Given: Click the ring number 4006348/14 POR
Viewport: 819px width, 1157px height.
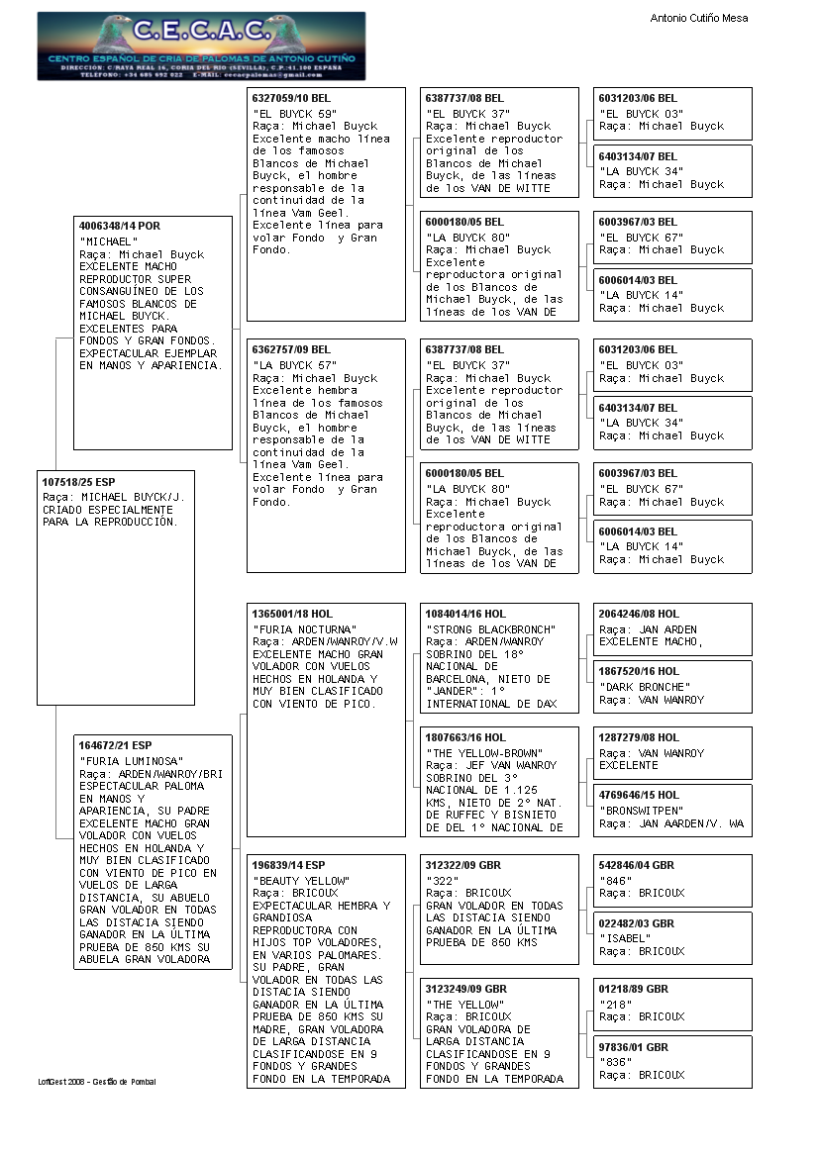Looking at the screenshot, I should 120,226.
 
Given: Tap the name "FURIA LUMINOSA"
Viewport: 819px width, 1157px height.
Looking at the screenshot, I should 123,761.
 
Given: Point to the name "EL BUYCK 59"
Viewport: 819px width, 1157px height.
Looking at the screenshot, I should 292,114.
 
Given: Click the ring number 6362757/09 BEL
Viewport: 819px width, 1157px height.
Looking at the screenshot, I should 292,349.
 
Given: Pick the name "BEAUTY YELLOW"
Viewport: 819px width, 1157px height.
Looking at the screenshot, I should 301,881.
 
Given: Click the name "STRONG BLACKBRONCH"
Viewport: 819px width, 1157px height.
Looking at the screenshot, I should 490,629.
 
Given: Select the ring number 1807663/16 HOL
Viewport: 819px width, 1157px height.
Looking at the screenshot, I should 465,737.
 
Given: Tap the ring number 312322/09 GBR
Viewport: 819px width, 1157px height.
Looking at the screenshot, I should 463,864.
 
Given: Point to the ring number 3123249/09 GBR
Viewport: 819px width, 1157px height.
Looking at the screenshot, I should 466,989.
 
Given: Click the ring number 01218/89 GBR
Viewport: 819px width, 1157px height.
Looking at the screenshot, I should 634,989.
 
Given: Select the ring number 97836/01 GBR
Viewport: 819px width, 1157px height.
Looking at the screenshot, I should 634,1047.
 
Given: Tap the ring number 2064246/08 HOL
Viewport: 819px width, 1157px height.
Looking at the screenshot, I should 639,614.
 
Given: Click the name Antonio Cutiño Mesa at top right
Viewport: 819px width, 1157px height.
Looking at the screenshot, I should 698,18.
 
